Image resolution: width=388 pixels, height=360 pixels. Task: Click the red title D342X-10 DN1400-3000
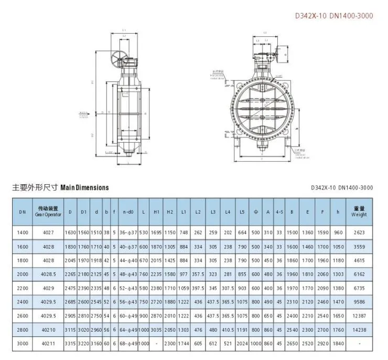point(334,16)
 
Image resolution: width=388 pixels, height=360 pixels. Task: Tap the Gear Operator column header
point(48,211)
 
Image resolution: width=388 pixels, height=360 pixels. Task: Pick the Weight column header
point(359,211)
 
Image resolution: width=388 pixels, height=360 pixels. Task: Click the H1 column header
point(156,211)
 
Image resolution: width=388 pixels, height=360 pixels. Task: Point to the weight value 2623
point(359,232)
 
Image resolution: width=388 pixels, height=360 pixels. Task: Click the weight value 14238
point(359,330)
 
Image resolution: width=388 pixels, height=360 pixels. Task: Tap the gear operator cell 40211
point(48,344)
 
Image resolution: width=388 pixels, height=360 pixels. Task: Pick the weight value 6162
point(359,274)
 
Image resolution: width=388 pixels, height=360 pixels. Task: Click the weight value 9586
point(359,302)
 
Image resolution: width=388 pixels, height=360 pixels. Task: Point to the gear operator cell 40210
point(48,330)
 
